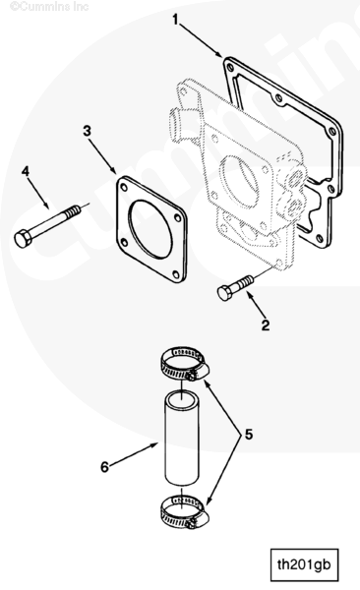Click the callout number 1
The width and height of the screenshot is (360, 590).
click(x=175, y=20)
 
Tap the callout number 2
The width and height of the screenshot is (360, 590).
click(x=266, y=325)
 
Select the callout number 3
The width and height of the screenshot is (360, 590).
click(x=87, y=131)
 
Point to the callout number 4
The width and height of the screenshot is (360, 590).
click(x=26, y=171)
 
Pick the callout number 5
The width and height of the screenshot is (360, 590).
click(x=249, y=435)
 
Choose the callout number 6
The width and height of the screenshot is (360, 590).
click(x=104, y=467)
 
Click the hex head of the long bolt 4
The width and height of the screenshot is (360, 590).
click(x=23, y=239)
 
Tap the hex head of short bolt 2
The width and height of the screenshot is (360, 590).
click(x=225, y=293)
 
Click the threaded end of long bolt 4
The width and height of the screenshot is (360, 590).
click(x=73, y=212)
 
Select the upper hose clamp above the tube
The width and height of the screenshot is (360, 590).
click(x=185, y=364)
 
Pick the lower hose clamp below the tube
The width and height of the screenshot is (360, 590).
click(x=185, y=511)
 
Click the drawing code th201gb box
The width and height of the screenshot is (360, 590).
click(x=304, y=565)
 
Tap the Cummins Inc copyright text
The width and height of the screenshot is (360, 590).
click(x=49, y=7)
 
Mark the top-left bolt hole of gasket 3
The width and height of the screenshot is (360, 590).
click(x=123, y=185)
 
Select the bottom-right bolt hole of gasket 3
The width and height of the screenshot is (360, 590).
click(x=176, y=273)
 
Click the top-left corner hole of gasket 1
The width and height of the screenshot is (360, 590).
click(x=230, y=67)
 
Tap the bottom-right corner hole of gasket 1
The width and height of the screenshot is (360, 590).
click(x=320, y=238)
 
